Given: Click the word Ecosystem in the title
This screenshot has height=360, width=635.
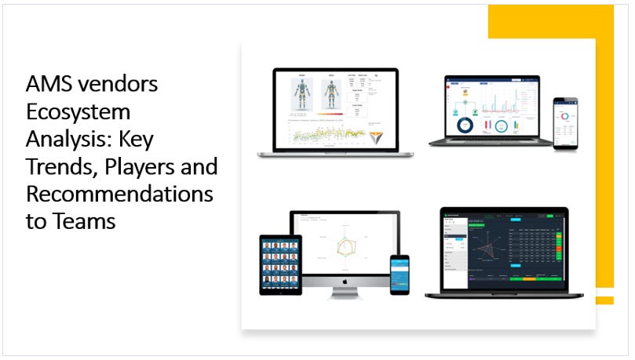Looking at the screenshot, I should pos(78,111).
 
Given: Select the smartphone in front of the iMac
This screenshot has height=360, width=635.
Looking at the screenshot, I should pos(400,275).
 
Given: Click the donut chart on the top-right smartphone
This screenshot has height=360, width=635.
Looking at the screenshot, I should pos(565,118).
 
